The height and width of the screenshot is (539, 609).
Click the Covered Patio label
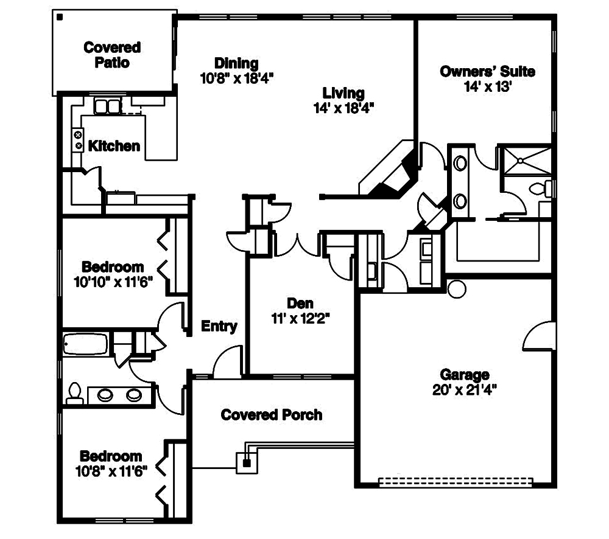112,55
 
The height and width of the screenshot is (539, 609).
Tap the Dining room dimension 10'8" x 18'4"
236,78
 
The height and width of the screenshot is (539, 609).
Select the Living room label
343,93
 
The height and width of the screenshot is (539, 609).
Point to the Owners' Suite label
487,71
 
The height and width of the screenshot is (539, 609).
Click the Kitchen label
114,146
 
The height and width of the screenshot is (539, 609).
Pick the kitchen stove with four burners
79,141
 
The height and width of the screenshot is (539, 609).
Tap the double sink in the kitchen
108,106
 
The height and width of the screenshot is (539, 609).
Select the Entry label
219,327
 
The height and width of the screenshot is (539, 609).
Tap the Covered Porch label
271,415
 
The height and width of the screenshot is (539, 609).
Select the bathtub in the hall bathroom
86,345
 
